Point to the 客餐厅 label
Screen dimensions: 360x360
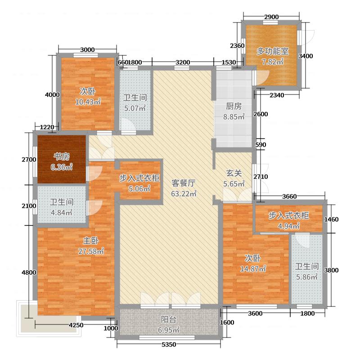click(x=184, y=183)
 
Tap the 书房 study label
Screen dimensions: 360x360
click(x=62, y=157)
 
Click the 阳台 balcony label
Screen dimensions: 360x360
click(x=169, y=320)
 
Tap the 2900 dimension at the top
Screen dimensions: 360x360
click(x=271, y=17)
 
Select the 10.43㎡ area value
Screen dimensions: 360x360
click(x=88, y=102)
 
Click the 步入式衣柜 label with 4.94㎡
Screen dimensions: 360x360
click(x=289, y=216)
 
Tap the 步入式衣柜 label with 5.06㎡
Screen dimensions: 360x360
click(x=139, y=178)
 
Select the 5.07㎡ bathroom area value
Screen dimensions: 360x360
click(x=135, y=108)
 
